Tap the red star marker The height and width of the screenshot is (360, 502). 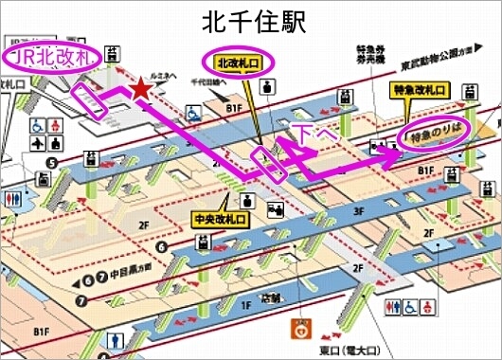(x=141, y=88)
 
